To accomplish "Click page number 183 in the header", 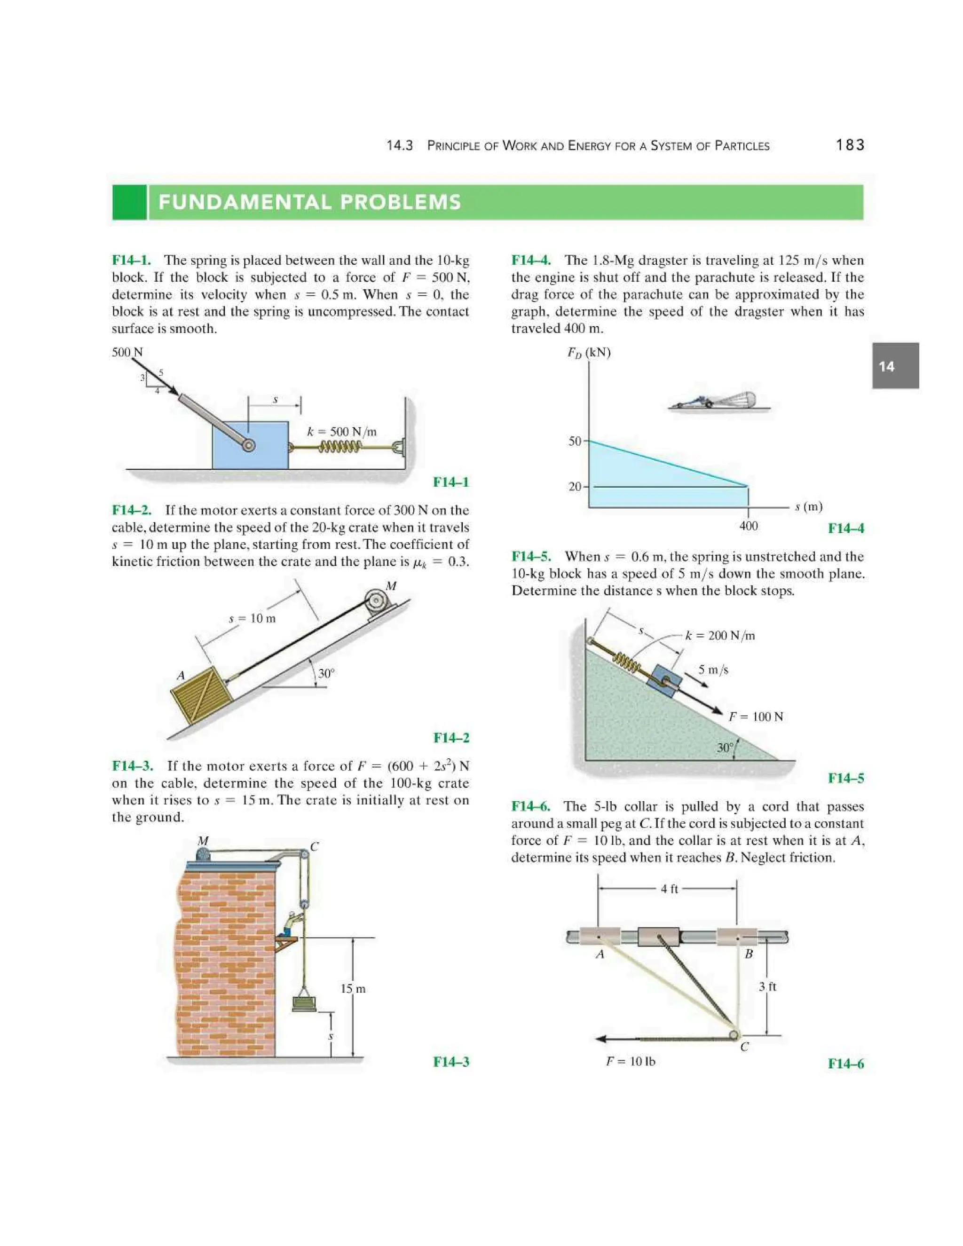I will click(850, 145).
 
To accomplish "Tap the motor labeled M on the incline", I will click(377, 601).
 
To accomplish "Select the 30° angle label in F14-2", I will click(326, 673).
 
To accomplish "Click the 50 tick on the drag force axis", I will click(575, 441).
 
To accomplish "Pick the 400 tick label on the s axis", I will click(748, 526).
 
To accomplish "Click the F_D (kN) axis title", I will click(588, 352).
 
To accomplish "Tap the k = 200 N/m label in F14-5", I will click(719, 636).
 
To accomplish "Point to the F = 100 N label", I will click(756, 717).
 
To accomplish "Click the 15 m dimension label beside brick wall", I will click(353, 989).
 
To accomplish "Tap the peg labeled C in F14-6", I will click(734, 1034).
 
